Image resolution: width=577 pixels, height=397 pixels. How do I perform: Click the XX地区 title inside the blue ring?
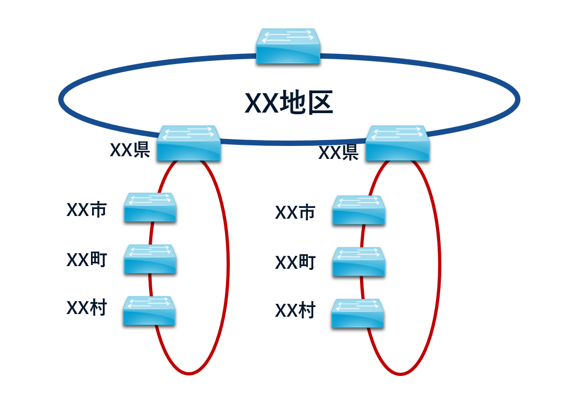(x=289, y=102)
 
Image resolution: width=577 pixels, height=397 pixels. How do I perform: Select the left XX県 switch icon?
(x=189, y=143)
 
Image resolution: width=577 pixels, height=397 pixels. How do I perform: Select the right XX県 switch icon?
(x=398, y=143)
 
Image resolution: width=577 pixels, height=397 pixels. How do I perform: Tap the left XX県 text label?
(x=130, y=150)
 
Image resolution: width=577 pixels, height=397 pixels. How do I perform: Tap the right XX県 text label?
(x=339, y=153)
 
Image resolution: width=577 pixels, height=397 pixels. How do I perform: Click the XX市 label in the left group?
(x=87, y=210)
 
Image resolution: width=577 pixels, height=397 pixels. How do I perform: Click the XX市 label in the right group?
(x=295, y=213)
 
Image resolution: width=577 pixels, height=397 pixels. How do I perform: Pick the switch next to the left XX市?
(x=150, y=207)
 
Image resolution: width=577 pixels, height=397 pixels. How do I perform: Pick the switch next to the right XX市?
(x=358, y=210)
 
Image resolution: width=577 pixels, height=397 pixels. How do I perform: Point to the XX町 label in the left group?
(x=87, y=260)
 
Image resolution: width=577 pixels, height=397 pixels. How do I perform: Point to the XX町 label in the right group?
(x=295, y=262)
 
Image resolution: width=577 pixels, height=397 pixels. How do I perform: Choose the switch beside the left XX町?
(x=150, y=259)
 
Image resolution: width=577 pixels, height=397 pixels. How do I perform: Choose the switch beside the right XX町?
(x=358, y=262)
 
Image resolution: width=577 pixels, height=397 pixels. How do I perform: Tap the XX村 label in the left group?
(x=87, y=308)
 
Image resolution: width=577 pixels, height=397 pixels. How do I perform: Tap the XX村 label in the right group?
(x=295, y=311)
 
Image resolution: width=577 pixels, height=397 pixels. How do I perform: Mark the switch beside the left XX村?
(x=150, y=310)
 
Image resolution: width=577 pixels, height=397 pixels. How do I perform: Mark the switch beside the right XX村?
(x=358, y=314)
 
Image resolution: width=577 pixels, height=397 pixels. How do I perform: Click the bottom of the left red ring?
(x=188, y=373)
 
